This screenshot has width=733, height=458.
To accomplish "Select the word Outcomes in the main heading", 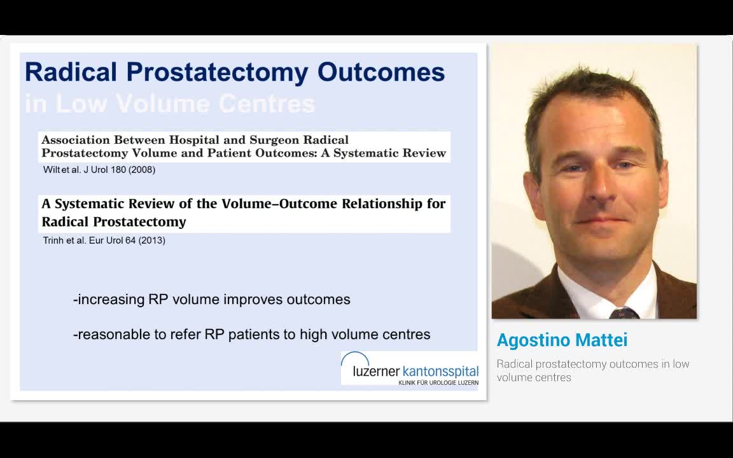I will click(381, 72).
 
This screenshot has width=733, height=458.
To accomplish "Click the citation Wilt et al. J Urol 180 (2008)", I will click(99, 170).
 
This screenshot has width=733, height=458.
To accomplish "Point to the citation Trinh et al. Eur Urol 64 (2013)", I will click(104, 240).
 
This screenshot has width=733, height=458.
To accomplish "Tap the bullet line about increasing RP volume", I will click(212, 300).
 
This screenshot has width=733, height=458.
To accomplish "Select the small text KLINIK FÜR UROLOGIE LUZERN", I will click(438, 383).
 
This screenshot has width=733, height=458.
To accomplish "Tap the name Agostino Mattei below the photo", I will click(562, 340).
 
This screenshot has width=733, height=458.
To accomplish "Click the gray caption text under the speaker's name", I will click(592, 370).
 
